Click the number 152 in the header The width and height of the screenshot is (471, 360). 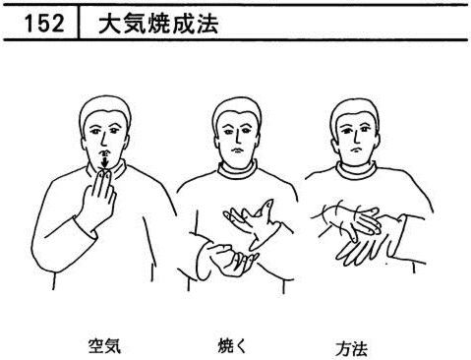click(44, 24)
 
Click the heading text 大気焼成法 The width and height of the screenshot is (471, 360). click(158, 24)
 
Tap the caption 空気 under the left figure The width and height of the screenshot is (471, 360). click(104, 346)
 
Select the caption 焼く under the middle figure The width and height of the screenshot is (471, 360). click(232, 346)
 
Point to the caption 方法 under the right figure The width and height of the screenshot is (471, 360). click(351, 348)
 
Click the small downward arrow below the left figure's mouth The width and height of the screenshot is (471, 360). click(105, 161)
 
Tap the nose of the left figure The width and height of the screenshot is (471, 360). click(103, 140)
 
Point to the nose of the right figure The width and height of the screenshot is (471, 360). click(356, 139)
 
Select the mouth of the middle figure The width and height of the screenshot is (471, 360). click(237, 150)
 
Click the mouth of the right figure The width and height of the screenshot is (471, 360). click(354, 150)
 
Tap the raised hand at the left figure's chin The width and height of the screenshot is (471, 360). click(98, 196)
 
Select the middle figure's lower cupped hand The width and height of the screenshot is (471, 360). click(229, 258)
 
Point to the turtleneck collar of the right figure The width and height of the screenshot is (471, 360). click(356, 170)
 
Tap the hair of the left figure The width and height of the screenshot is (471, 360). click(105, 108)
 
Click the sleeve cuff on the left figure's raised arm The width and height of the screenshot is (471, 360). click(86, 227)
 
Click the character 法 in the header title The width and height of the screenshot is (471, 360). click(207, 24)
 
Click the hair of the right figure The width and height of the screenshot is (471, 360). click(355, 110)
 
